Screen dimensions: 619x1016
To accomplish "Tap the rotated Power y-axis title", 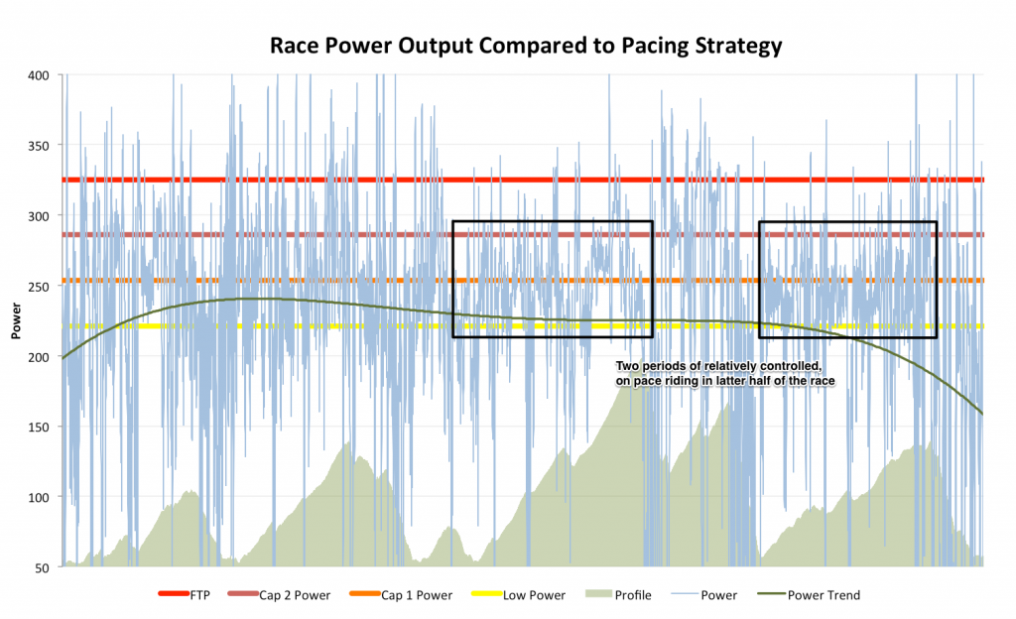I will (17, 321).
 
